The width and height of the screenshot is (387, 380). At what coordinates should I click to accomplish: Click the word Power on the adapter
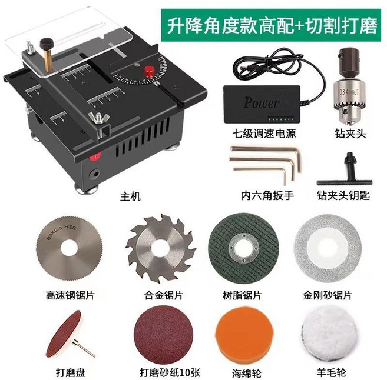[x=260, y=103]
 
